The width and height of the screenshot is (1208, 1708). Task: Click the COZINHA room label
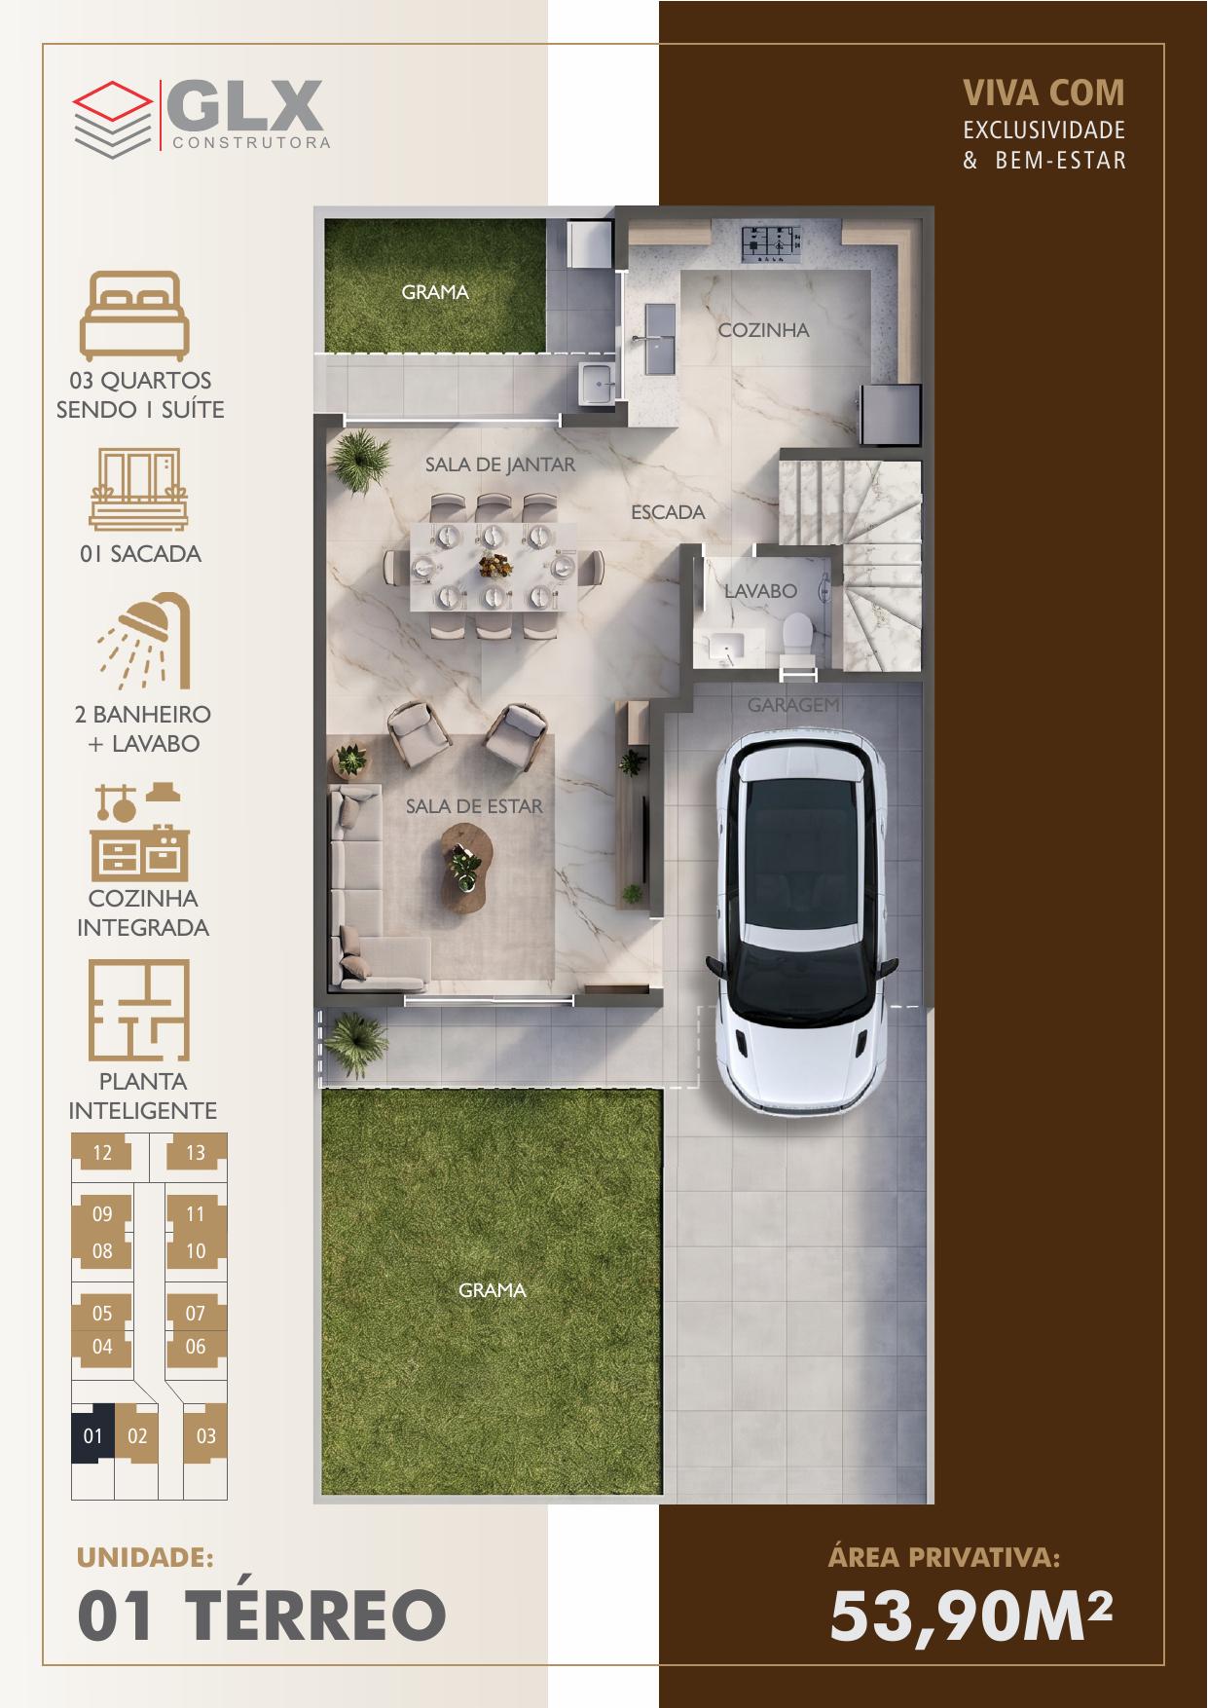click(x=763, y=330)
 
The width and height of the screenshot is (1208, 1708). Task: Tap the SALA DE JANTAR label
click(x=500, y=464)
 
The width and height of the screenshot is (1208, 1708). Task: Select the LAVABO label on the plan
click(x=760, y=590)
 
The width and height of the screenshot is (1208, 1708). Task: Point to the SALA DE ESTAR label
click(x=474, y=806)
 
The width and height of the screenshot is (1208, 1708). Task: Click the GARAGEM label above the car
click(x=793, y=704)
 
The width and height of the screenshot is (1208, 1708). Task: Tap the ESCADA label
click(x=668, y=511)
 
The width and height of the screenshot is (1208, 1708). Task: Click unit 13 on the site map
click(x=196, y=1153)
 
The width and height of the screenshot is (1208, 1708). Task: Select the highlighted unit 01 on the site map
click(x=93, y=1435)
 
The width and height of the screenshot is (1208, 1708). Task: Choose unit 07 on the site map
click(x=196, y=1314)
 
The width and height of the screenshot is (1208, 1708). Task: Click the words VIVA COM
click(x=1043, y=93)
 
